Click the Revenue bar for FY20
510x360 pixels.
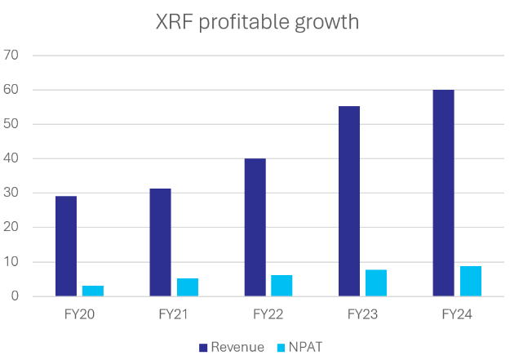point(66,246)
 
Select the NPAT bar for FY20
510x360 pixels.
point(92,291)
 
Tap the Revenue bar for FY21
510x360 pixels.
point(161,242)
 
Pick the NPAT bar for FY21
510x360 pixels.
point(187,287)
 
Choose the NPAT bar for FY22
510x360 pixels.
point(282,286)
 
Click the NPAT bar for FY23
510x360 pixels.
point(376,282)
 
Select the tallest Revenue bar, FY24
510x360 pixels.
point(444,193)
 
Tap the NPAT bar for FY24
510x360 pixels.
point(471,281)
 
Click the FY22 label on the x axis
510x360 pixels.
point(268,313)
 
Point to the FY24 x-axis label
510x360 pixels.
point(457,313)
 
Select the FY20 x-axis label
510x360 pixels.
point(79,313)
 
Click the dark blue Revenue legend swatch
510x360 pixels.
point(203,348)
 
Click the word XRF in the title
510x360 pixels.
point(174,22)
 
